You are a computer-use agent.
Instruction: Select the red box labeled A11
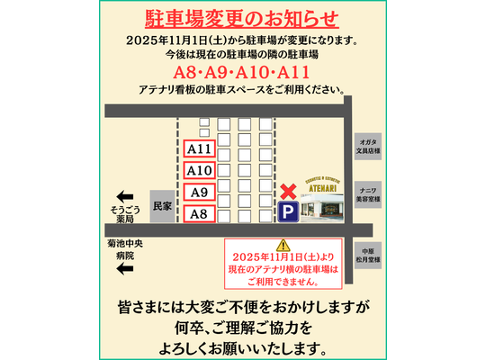pyautogui.click(x=198, y=149)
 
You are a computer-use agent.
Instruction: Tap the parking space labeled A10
pyautogui.click(x=198, y=170)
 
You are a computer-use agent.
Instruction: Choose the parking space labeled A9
pyautogui.click(x=198, y=192)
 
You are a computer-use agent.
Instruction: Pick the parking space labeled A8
pyautogui.click(x=198, y=213)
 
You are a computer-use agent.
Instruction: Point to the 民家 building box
pyautogui.click(x=160, y=206)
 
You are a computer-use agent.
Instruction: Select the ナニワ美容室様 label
pyautogui.click(x=367, y=196)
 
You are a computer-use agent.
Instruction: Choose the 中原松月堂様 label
pyautogui.click(x=367, y=255)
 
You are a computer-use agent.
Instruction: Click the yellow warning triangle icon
pyautogui.click(x=283, y=245)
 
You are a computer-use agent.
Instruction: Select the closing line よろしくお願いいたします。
pyautogui.click(x=243, y=346)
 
